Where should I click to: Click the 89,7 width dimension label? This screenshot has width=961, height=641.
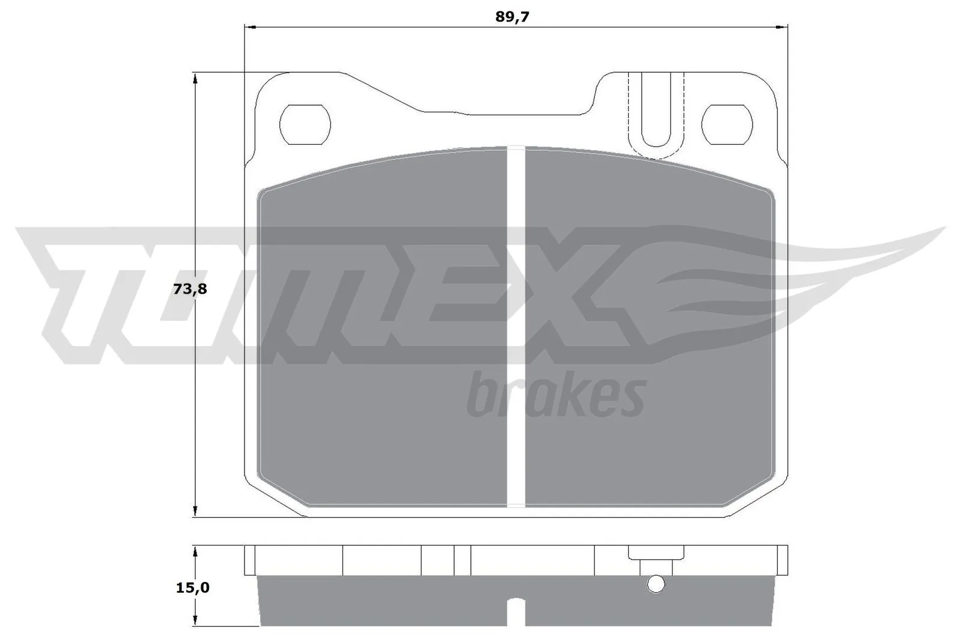tap(512, 17)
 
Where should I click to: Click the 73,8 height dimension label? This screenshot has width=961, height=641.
tap(190, 289)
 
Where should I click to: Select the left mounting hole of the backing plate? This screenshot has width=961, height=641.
tap(305, 124)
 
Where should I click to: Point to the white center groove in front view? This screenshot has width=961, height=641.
tap(516, 324)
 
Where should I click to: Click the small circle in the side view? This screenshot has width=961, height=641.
tap(656, 583)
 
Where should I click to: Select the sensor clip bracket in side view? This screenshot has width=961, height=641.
tap(656, 554)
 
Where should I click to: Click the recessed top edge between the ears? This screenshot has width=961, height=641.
tap(505, 113)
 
